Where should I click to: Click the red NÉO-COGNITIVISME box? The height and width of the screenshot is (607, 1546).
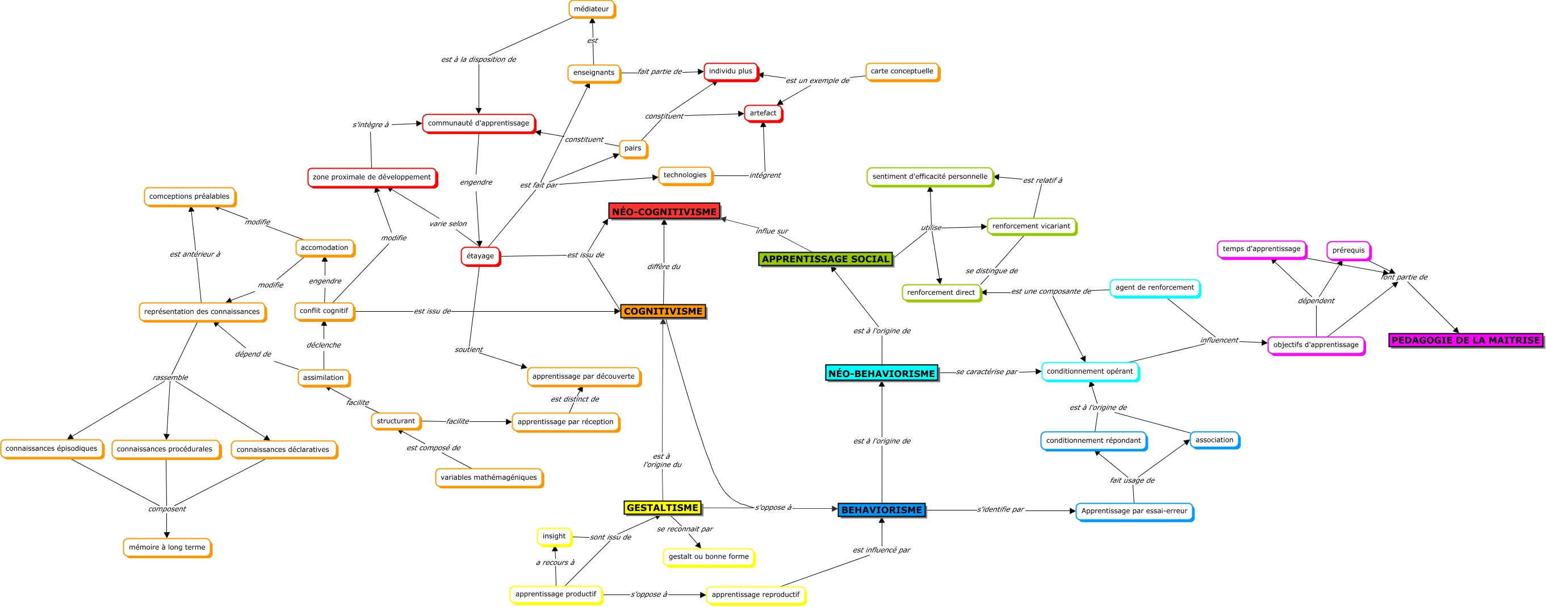click(664, 211)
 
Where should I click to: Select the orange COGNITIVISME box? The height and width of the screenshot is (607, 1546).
click(663, 311)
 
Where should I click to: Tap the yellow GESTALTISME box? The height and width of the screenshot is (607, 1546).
click(662, 507)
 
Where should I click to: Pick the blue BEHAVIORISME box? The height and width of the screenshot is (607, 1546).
click(881, 510)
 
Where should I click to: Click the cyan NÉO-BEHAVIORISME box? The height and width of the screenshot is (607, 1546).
click(881, 373)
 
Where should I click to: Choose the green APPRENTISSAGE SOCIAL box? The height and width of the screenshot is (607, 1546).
click(825, 259)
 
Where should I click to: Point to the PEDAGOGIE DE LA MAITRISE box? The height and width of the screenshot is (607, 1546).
click(1465, 340)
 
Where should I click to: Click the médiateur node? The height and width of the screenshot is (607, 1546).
click(591, 9)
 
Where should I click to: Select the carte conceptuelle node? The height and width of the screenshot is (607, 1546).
click(902, 71)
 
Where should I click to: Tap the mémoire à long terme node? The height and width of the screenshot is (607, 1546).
click(167, 547)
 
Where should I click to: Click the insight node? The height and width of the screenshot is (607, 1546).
click(554, 536)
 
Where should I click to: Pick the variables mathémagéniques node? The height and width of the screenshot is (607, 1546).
click(488, 478)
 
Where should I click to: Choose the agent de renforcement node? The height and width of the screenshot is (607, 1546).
click(1154, 287)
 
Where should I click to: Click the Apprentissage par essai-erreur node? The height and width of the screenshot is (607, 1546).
click(1134, 511)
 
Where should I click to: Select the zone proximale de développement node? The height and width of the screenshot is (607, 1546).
click(371, 177)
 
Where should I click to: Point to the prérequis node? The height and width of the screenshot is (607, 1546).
click(1348, 250)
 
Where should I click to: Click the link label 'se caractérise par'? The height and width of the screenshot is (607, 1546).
click(987, 372)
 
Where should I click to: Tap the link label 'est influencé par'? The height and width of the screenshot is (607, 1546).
click(881, 550)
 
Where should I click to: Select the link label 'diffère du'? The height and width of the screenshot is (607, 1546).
click(663, 266)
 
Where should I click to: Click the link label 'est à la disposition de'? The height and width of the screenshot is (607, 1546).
click(478, 60)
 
